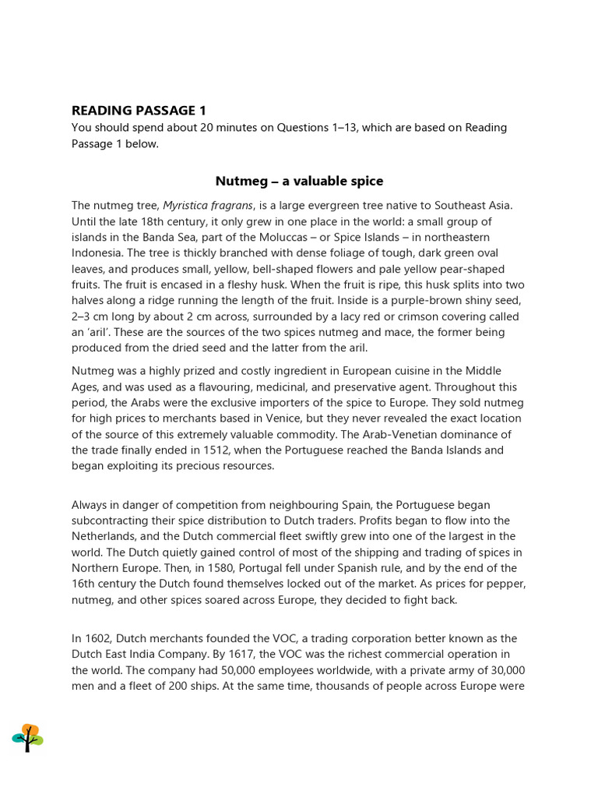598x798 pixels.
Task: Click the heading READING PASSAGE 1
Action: [139, 110]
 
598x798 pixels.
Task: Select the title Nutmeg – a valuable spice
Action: [299, 181]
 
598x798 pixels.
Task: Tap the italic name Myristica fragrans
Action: [208, 206]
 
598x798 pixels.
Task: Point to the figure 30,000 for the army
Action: [505, 670]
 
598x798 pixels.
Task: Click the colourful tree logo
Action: [27, 737]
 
